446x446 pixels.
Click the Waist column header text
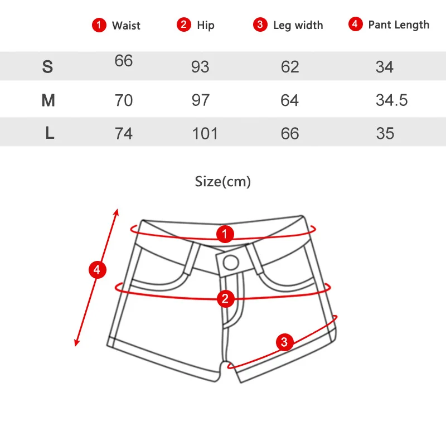click(x=126, y=26)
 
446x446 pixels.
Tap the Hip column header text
click(x=206, y=25)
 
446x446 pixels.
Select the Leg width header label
click(x=298, y=25)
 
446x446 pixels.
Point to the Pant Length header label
click(x=399, y=25)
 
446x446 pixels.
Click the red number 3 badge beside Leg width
click(x=260, y=25)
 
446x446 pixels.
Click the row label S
click(x=47, y=66)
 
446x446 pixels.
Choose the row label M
click(x=48, y=100)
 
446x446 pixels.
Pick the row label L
click(x=50, y=133)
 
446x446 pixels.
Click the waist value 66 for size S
click(x=124, y=61)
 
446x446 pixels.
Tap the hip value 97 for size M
click(x=201, y=100)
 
